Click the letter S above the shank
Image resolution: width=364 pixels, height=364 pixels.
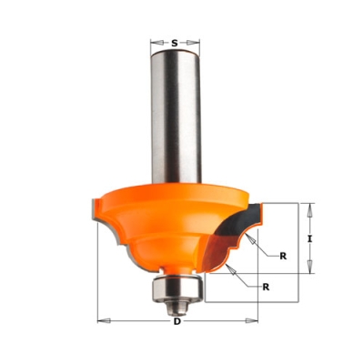point(175,43)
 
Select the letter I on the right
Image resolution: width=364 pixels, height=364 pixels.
point(309,239)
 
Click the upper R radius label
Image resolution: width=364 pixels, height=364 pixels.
point(283,256)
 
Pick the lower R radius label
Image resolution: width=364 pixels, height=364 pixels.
point(266,287)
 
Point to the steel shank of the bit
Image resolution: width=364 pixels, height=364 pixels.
point(176,117)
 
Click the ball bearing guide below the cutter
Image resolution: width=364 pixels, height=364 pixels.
point(177,288)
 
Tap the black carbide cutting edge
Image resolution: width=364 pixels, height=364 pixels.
point(239,221)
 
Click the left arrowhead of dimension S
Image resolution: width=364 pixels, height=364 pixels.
point(157,43)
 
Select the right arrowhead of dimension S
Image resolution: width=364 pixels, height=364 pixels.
point(194,43)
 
